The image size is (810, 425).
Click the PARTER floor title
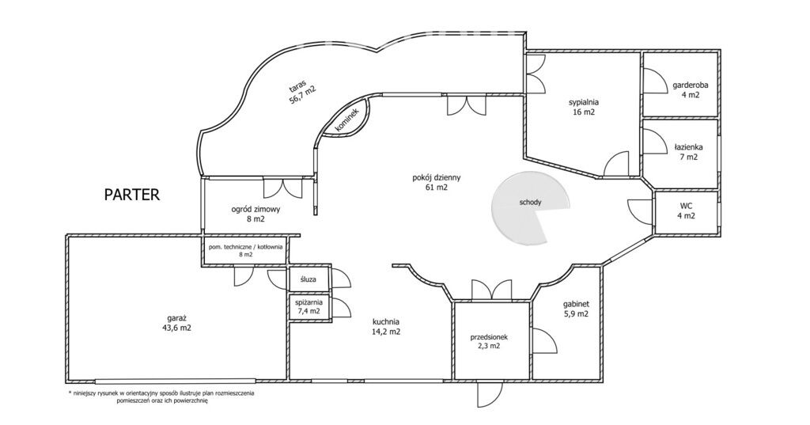click(x=132, y=195)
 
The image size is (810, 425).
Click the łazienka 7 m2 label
click(x=689, y=152)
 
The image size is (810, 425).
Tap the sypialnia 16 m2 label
click(x=584, y=107)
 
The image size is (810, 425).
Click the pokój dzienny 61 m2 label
click(x=437, y=183)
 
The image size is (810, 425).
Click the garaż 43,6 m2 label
click(x=176, y=323)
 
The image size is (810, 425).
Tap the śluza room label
click(x=308, y=279)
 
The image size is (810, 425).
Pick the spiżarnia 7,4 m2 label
click(x=308, y=306)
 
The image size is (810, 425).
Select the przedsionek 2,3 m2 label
click(x=489, y=342)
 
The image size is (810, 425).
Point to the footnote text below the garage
click(x=161, y=397)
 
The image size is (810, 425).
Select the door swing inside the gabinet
click(x=545, y=342)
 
